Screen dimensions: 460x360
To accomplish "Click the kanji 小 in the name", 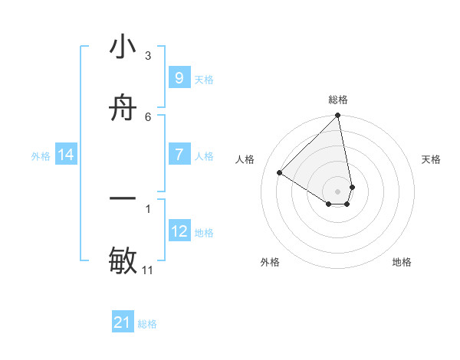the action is click(x=123, y=47).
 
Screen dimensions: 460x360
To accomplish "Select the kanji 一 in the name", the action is click(x=123, y=198).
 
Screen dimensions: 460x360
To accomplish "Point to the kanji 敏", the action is click(x=123, y=260).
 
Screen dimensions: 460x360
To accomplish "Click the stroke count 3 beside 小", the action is click(x=148, y=55).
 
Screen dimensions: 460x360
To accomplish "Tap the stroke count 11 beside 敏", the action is click(x=148, y=270).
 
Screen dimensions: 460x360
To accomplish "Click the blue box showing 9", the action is click(x=179, y=77).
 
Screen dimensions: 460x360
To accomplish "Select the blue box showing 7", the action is click(x=179, y=155).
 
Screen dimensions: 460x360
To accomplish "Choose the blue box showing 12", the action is click(x=179, y=231).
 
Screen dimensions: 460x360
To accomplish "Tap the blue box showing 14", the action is click(x=66, y=155).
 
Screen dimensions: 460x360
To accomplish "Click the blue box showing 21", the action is click(x=123, y=322).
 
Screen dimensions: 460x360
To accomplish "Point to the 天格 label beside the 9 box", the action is click(x=204, y=80).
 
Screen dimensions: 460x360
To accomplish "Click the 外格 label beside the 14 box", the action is click(x=41, y=156).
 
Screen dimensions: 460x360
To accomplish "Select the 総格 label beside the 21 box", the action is click(x=147, y=325).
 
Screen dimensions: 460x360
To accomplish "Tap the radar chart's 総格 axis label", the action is click(x=338, y=100).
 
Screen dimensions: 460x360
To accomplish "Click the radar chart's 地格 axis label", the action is click(x=402, y=262).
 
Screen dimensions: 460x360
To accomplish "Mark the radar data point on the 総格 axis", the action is click(x=338, y=116).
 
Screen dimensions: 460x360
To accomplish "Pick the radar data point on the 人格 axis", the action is click(x=280, y=172).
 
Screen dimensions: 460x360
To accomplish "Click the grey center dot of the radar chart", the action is click(x=338, y=191).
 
